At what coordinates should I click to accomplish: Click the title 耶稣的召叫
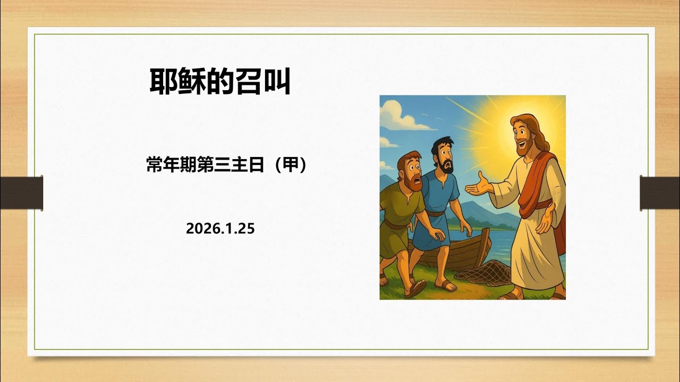click(x=219, y=81)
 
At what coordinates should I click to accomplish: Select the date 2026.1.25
click(x=220, y=229)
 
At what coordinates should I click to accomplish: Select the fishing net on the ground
click(x=481, y=273)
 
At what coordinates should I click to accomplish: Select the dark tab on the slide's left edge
click(x=21, y=192)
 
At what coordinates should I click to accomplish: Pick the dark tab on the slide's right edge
click(x=659, y=192)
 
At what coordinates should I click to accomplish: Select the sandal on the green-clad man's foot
click(x=415, y=289)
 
